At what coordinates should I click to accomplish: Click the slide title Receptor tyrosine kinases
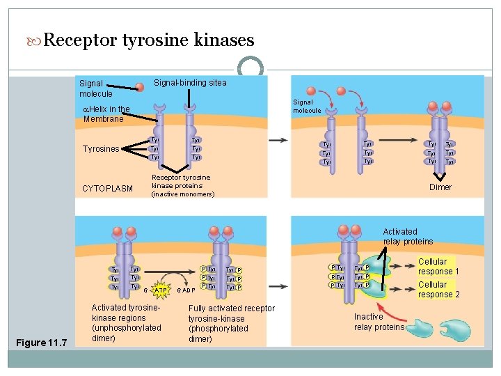pyautogui.click(x=148, y=40)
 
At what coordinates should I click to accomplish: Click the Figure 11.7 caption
pyautogui.click(x=42, y=343)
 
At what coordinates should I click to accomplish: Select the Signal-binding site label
pyautogui.click(x=189, y=83)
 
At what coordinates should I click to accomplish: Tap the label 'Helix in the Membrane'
pyautogui.click(x=106, y=114)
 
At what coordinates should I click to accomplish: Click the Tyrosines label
pyautogui.click(x=101, y=149)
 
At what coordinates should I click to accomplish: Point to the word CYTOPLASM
pyautogui.click(x=107, y=189)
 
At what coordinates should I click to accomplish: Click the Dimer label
pyautogui.click(x=440, y=187)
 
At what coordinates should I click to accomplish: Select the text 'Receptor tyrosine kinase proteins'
pyautogui.click(x=181, y=182)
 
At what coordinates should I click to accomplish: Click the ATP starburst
pyautogui.click(x=160, y=289)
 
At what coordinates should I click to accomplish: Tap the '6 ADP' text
pyautogui.click(x=185, y=290)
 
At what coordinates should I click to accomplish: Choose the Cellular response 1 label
pyautogui.click(x=438, y=267)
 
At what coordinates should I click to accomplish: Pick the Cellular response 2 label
pyautogui.click(x=438, y=290)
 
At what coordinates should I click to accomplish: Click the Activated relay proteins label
pyautogui.click(x=407, y=237)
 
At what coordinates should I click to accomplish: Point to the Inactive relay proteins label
pyautogui.click(x=379, y=322)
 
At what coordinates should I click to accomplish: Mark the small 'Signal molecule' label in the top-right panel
pyautogui.click(x=307, y=107)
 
